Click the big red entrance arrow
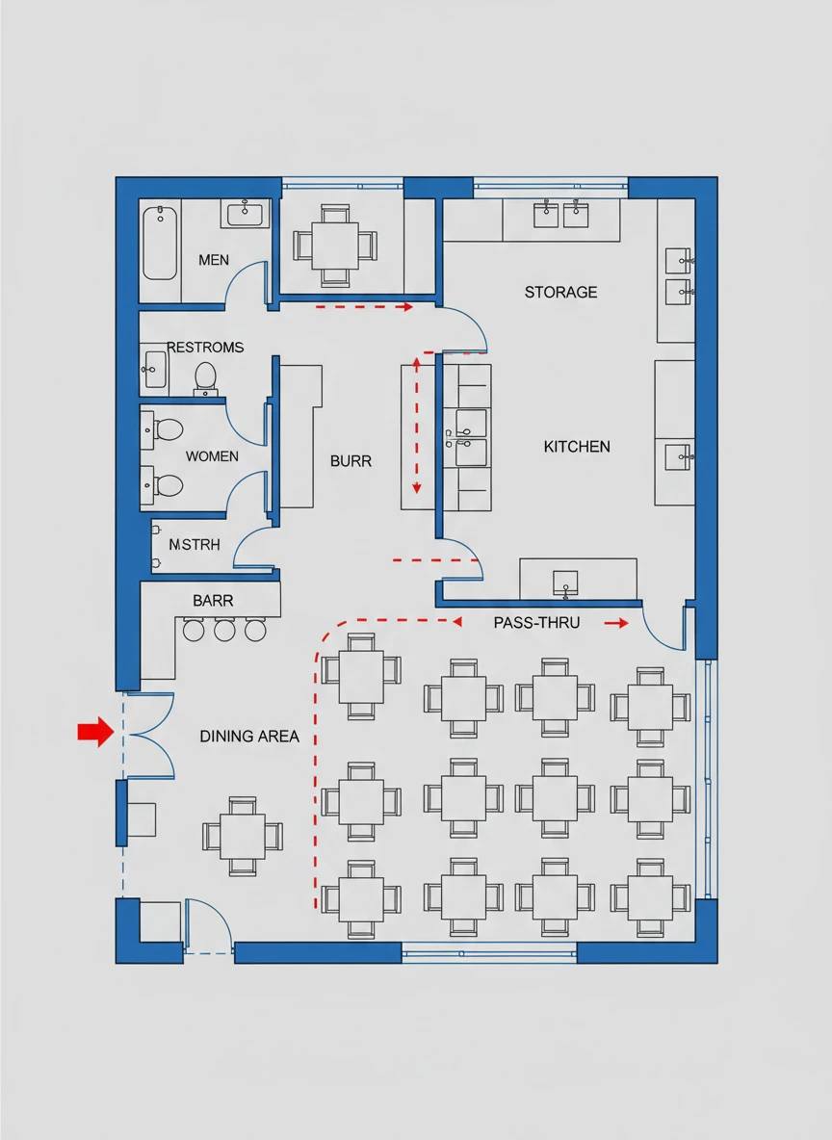click(95, 732)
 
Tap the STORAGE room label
click(560, 293)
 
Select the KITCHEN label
click(577, 447)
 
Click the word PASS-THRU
click(536, 623)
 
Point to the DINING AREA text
click(249, 737)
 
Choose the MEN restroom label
click(214, 260)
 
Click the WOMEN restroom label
click(212, 456)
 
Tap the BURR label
click(351, 461)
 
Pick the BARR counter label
click(213, 601)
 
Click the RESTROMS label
click(205, 348)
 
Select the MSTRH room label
click(195, 545)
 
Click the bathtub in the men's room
click(159, 243)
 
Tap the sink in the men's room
click(245, 214)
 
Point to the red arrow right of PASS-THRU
click(616, 623)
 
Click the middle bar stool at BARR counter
click(224, 631)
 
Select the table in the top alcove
click(335, 246)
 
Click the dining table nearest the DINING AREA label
click(243, 836)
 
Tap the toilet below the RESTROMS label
click(206, 378)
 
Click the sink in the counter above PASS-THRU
click(565, 583)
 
